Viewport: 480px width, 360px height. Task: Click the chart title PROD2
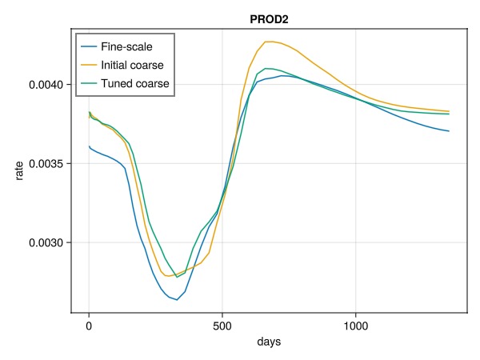click(x=268, y=18)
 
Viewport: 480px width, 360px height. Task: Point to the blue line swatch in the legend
click(x=88, y=46)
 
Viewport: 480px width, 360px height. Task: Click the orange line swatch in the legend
click(x=88, y=65)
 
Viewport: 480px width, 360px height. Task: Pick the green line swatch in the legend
click(x=88, y=83)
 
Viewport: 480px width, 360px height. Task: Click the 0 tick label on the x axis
click(x=89, y=326)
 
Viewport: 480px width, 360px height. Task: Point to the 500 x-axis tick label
click(x=222, y=326)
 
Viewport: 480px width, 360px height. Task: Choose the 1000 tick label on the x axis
click(x=355, y=326)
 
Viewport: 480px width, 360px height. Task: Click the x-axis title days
click(x=268, y=342)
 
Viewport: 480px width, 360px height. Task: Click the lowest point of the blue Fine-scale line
click(x=177, y=300)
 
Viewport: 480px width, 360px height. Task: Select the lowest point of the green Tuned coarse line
click(x=177, y=277)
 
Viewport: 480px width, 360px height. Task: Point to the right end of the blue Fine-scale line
click(x=449, y=131)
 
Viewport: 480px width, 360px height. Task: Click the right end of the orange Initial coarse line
click(x=449, y=111)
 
